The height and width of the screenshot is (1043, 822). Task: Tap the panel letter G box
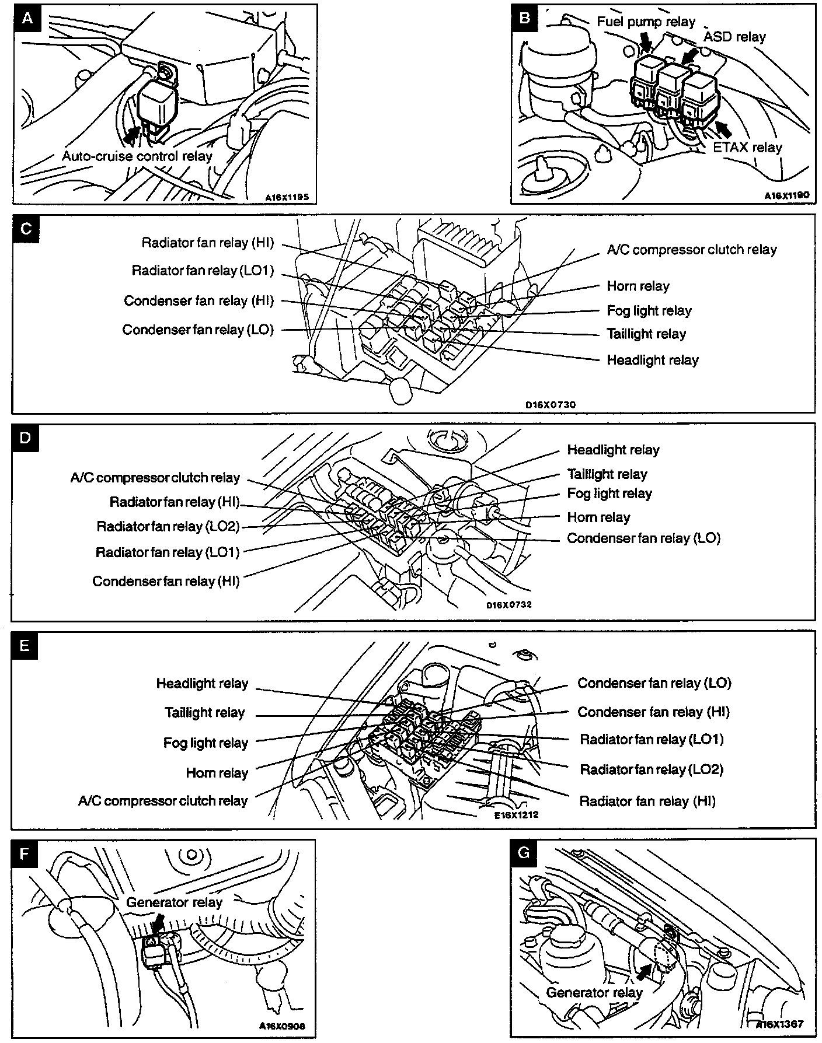tap(524, 853)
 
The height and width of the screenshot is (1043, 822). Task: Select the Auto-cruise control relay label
tap(137, 156)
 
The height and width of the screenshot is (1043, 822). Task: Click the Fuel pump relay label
tap(646, 22)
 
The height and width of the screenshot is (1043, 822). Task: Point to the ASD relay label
tap(734, 37)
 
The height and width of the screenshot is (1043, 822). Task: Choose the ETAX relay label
tap(747, 147)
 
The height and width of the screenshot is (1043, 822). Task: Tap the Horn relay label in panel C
tap(638, 286)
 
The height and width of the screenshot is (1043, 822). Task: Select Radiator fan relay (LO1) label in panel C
tap(203, 270)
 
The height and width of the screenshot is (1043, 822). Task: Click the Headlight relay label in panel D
tap(613, 450)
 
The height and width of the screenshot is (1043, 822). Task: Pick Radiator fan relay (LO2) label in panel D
tap(168, 526)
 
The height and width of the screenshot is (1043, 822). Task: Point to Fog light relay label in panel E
tap(206, 743)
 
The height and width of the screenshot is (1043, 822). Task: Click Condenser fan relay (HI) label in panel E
tap(653, 712)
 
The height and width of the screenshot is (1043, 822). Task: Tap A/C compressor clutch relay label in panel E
tap(163, 801)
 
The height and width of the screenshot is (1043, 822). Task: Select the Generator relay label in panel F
tap(174, 902)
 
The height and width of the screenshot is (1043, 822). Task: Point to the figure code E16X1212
tap(516, 814)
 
